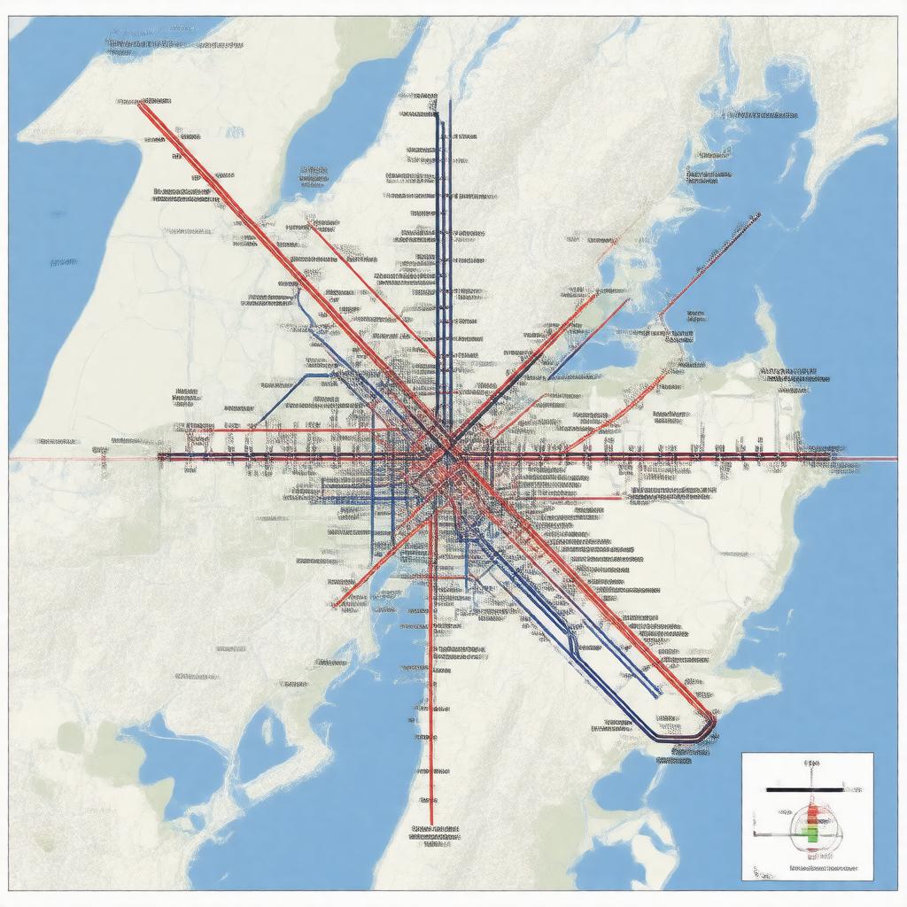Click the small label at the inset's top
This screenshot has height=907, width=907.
809,763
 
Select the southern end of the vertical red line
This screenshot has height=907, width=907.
431,822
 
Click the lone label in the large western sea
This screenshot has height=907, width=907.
63,263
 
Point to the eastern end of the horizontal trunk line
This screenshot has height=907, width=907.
841,455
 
